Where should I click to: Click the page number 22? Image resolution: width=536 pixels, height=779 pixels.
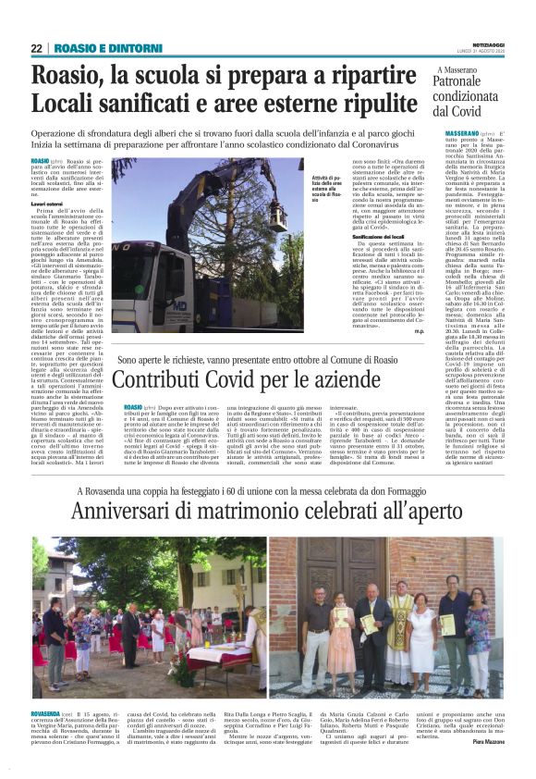36,48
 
